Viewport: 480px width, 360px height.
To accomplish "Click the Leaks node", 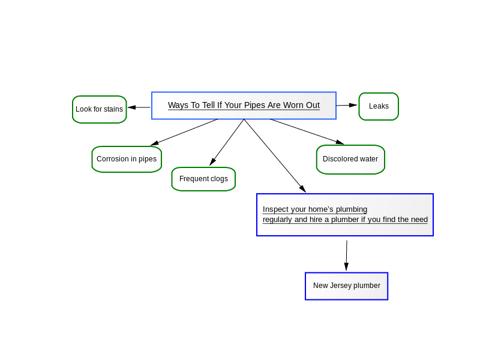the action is pos(379,107).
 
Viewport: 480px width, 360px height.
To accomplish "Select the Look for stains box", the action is pos(100,109).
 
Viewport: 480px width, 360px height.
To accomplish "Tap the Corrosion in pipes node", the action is pos(127,159).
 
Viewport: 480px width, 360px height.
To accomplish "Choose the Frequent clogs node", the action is pos(203,179).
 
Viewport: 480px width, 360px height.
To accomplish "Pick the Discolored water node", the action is pos(350,160).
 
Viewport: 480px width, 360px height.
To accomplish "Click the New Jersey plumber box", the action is pos(347,286).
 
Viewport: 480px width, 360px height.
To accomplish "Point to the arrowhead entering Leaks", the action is pos(353,105).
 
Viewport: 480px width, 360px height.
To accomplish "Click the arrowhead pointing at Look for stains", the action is pos(132,107).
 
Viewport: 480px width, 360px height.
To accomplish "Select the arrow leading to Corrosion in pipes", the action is pos(184,132).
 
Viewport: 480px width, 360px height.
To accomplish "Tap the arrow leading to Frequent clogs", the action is pos(227,142).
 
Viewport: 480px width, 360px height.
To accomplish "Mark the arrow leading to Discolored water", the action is pos(307,131).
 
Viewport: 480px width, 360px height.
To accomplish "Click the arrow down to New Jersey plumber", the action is pos(347,256).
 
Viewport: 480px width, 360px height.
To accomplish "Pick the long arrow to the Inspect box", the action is pos(275,155).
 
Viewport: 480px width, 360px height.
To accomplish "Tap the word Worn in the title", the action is pos(293,105).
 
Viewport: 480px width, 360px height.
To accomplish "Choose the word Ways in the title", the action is pos(179,106).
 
